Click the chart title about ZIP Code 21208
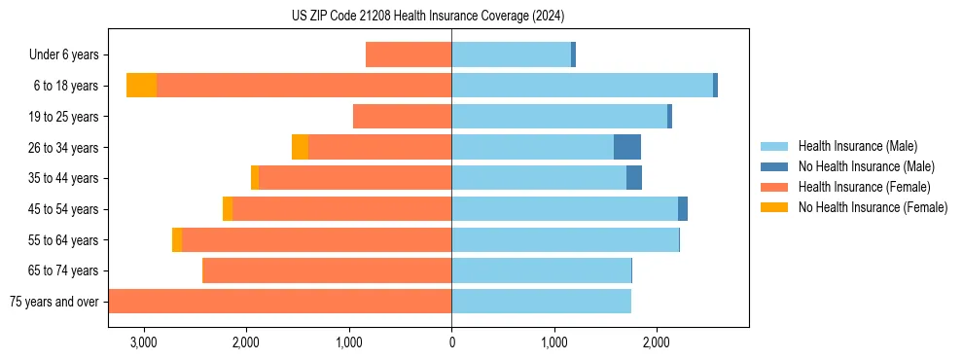click(x=428, y=17)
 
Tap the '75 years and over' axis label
click(x=54, y=302)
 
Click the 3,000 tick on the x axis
click(x=143, y=342)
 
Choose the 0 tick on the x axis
click(x=451, y=342)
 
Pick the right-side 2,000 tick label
click(x=657, y=342)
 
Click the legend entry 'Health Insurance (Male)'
click(x=857, y=146)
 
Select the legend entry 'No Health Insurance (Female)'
click(x=873, y=207)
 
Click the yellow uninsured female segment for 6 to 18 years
click(x=142, y=86)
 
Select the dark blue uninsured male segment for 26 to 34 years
click(x=627, y=147)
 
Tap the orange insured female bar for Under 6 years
click(x=409, y=55)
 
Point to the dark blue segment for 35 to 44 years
click(x=634, y=178)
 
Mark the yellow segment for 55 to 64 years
click(x=177, y=239)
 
